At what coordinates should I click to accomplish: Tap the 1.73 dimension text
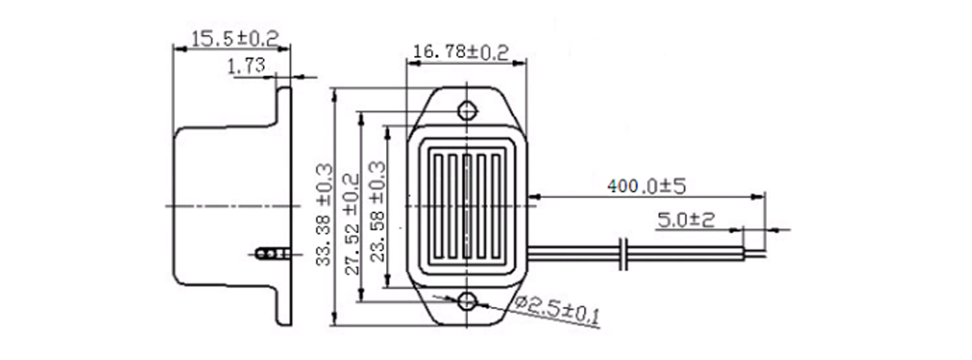coord(246,66)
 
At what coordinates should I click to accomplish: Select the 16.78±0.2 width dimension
coord(461,51)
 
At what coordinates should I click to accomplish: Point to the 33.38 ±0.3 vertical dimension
coord(324,214)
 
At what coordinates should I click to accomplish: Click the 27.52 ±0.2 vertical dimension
coord(352,224)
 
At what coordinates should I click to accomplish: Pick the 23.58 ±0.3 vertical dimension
coord(377,211)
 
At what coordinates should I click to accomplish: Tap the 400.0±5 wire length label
coord(646,186)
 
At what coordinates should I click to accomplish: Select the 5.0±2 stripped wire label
coord(687,220)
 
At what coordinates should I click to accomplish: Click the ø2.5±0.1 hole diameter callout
coord(558,310)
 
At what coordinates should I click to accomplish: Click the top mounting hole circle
coord(467,111)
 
